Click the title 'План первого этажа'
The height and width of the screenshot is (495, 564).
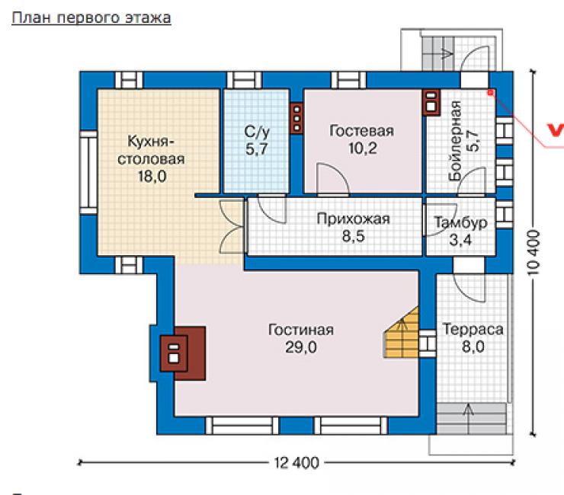coord(91,18)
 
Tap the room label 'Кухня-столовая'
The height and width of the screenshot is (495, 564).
coord(151,150)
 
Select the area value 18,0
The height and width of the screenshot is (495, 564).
coord(152,177)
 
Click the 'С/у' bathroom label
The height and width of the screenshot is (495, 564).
coord(257,132)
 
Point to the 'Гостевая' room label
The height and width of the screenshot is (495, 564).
coord(361,131)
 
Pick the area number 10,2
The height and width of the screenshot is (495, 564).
coord(363,148)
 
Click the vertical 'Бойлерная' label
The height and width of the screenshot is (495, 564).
coord(456,141)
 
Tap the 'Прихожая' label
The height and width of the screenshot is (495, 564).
coord(353,219)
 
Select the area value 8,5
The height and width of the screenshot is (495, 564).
coord(353,236)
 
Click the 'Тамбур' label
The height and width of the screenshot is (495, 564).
coord(460,222)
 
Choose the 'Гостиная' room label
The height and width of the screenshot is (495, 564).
coord(301,330)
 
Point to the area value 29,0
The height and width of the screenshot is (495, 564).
coord(301,347)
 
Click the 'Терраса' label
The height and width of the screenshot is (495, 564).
coord(473,329)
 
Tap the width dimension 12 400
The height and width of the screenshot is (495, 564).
coord(296,463)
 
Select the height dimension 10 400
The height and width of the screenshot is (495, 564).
coord(534,252)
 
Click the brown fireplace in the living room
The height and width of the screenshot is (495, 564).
coord(183,353)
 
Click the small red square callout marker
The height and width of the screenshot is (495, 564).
coord(490,93)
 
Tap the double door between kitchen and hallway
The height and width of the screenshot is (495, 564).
coord(232,227)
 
